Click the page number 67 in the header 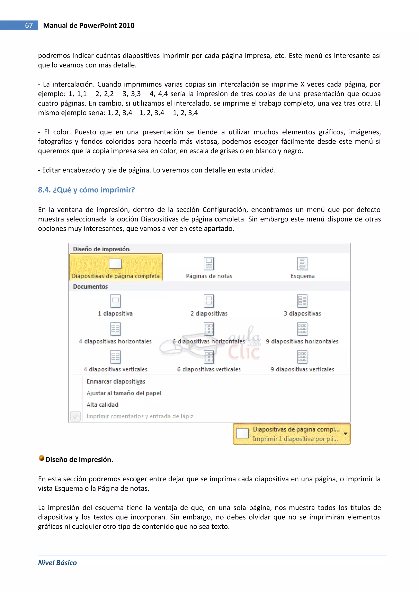[29, 25]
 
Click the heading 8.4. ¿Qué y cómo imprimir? [86, 190]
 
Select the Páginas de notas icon [209, 264]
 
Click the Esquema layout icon [302, 264]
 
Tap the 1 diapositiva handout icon [115, 301]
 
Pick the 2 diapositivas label [209, 313]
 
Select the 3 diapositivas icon [302, 301]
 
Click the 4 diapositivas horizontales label [115, 341]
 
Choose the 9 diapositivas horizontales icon [302, 329]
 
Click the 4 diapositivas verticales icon [115, 357]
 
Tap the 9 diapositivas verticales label [302, 370]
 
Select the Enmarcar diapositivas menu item [116, 382]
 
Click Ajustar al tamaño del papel [124, 393]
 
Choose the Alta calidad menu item [102, 405]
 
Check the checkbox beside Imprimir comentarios [75, 416]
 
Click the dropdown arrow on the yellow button [346, 434]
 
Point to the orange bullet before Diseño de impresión [41, 458]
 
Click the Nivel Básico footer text [57, 563]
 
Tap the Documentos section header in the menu [90, 286]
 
